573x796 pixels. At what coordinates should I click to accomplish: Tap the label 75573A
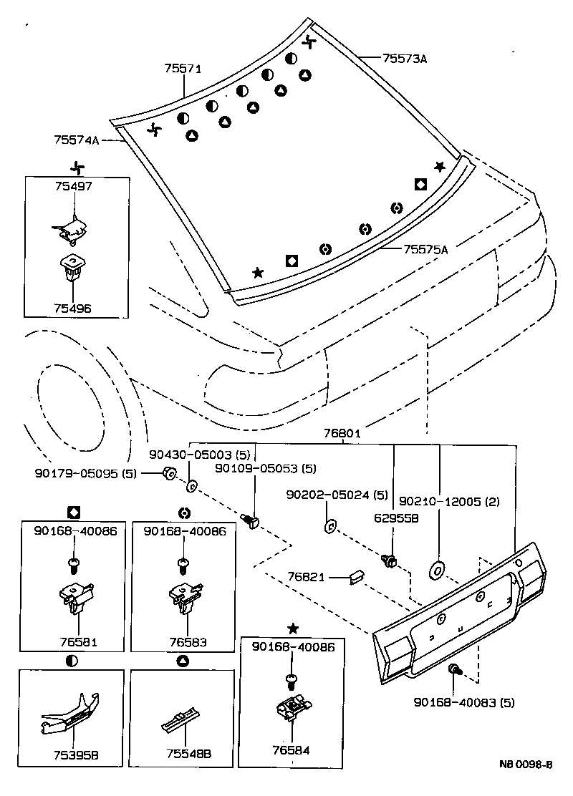coord(404,59)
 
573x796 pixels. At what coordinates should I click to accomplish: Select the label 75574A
coord(76,140)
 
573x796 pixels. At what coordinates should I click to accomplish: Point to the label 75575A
coord(425,250)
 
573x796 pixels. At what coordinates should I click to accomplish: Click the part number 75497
coord(73,185)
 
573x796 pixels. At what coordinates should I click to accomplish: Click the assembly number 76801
coord(342,434)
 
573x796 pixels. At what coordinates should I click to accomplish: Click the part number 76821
coord(306,576)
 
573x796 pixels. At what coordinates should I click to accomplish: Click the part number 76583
coord(184,642)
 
